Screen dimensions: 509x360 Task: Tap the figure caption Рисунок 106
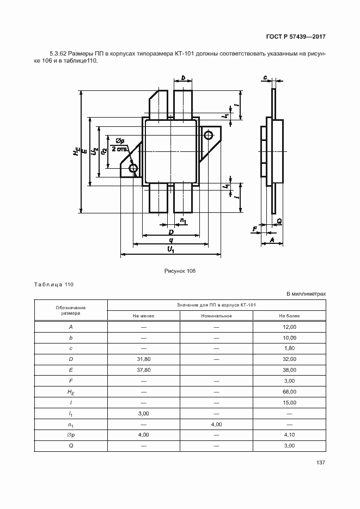coord(180,271)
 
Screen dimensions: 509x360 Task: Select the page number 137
coord(320,463)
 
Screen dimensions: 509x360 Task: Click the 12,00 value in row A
coord(289,327)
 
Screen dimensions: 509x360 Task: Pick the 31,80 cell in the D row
coord(143,359)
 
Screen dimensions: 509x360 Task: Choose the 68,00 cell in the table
coord(289,392)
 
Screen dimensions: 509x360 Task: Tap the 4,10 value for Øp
coord(289,435)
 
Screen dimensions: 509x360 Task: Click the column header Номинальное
coord(216,316)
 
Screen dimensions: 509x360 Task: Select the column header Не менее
coord(143,316)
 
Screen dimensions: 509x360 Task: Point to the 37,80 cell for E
coord(143,370)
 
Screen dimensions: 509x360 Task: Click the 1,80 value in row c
coord(289,348)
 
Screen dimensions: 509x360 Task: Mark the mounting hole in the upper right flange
coord(208,135)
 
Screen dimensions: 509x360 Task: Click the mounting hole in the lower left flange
coord(133,169)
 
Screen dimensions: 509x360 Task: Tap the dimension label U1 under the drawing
coord(170,249)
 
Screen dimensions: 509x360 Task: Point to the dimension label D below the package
coord(170,232)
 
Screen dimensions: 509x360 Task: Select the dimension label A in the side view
coord(271,239)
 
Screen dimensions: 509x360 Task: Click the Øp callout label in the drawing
coord(120,140)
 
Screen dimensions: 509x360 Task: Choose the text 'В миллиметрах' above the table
coord(306,294)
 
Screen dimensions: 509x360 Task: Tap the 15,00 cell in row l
coord(289,403)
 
